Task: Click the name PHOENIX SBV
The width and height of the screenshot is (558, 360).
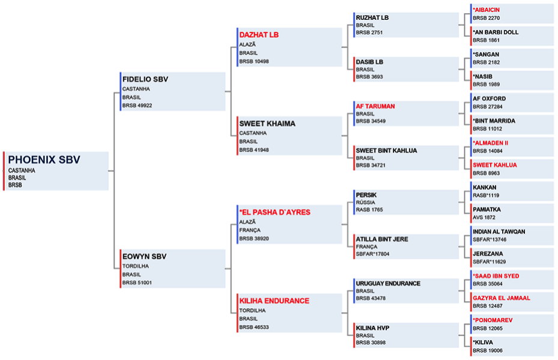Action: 44,159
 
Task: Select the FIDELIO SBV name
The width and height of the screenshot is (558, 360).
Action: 145,79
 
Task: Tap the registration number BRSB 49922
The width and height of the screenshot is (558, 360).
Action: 137,105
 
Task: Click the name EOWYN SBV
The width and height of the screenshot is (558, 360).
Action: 144,257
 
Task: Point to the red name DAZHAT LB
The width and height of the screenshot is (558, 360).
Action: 259,35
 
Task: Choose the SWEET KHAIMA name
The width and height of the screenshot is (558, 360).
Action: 267,124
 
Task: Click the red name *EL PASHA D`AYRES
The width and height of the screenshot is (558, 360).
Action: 274,212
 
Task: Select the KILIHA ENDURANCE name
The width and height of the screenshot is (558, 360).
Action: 274,301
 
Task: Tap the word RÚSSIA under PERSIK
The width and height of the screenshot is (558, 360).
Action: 365,203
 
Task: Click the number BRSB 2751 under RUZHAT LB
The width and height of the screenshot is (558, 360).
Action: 369,32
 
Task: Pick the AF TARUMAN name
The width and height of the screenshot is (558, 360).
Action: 375,106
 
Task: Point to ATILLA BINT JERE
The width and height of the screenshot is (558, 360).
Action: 382,239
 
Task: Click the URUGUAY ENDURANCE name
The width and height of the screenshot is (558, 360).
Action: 388,284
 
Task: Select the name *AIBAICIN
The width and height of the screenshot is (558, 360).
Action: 486,10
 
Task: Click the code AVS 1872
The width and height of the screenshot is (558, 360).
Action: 484,217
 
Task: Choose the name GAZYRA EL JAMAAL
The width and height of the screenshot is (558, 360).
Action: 502,298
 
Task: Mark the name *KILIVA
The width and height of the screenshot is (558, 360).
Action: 483,342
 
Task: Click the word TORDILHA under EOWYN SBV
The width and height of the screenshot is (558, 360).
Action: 136,266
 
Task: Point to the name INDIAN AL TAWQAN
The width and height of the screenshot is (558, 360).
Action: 499,231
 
